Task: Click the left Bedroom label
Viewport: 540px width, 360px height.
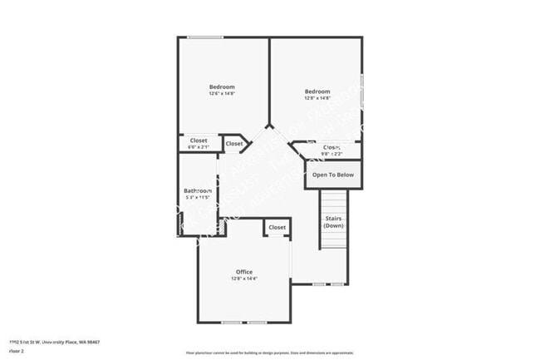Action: click(222, 86)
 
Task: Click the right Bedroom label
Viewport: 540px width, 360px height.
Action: click(317, 91)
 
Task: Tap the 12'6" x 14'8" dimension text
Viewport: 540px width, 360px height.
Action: click(222, 94)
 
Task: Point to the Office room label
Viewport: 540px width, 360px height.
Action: click(244, 272)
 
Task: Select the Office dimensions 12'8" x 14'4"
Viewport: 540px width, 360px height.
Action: click(244, 279)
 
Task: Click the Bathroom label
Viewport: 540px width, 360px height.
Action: click(198, 190)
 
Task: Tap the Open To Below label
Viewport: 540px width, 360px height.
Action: click(333, 175)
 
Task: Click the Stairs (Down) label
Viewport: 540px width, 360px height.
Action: click(334, 222)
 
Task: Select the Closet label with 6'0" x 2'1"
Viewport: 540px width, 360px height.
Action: click(199, 141)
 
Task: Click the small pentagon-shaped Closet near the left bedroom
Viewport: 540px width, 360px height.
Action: click(235, 144)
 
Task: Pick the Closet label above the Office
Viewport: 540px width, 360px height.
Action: click(277, 227)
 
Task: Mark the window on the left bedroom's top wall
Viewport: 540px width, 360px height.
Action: click(204, 37)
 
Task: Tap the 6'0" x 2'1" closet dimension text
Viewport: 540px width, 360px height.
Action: click(199, 147)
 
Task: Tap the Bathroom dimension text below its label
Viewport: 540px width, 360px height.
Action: click(198, 198)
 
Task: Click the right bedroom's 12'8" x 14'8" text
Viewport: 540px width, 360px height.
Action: click(317, 99)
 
